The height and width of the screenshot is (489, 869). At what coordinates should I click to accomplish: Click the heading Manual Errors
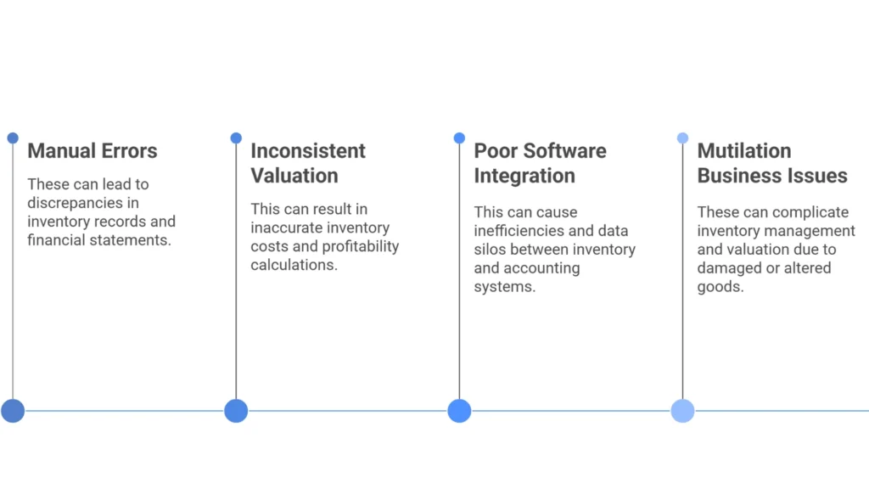92,151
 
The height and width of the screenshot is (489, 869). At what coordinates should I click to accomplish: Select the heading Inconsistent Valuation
307,163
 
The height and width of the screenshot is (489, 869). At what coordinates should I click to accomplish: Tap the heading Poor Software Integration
540,163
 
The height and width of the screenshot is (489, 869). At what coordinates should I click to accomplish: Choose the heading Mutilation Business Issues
771,163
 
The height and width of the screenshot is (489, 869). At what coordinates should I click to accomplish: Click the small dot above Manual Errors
13,138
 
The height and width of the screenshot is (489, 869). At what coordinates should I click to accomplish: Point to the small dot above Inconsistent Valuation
236,138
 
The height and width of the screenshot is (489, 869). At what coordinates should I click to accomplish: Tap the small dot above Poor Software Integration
459,138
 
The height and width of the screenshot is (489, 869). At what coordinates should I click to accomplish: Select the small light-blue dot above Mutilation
682,138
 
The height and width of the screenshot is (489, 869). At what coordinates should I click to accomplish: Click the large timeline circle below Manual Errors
13,411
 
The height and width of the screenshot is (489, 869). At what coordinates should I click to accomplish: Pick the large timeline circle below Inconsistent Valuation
236,411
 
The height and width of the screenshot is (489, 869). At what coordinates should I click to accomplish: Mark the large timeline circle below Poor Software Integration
459,411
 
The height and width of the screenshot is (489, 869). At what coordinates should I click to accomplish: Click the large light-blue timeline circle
682,411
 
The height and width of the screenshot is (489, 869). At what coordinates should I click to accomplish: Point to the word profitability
356,246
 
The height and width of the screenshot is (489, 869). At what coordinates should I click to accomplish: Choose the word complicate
824,212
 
